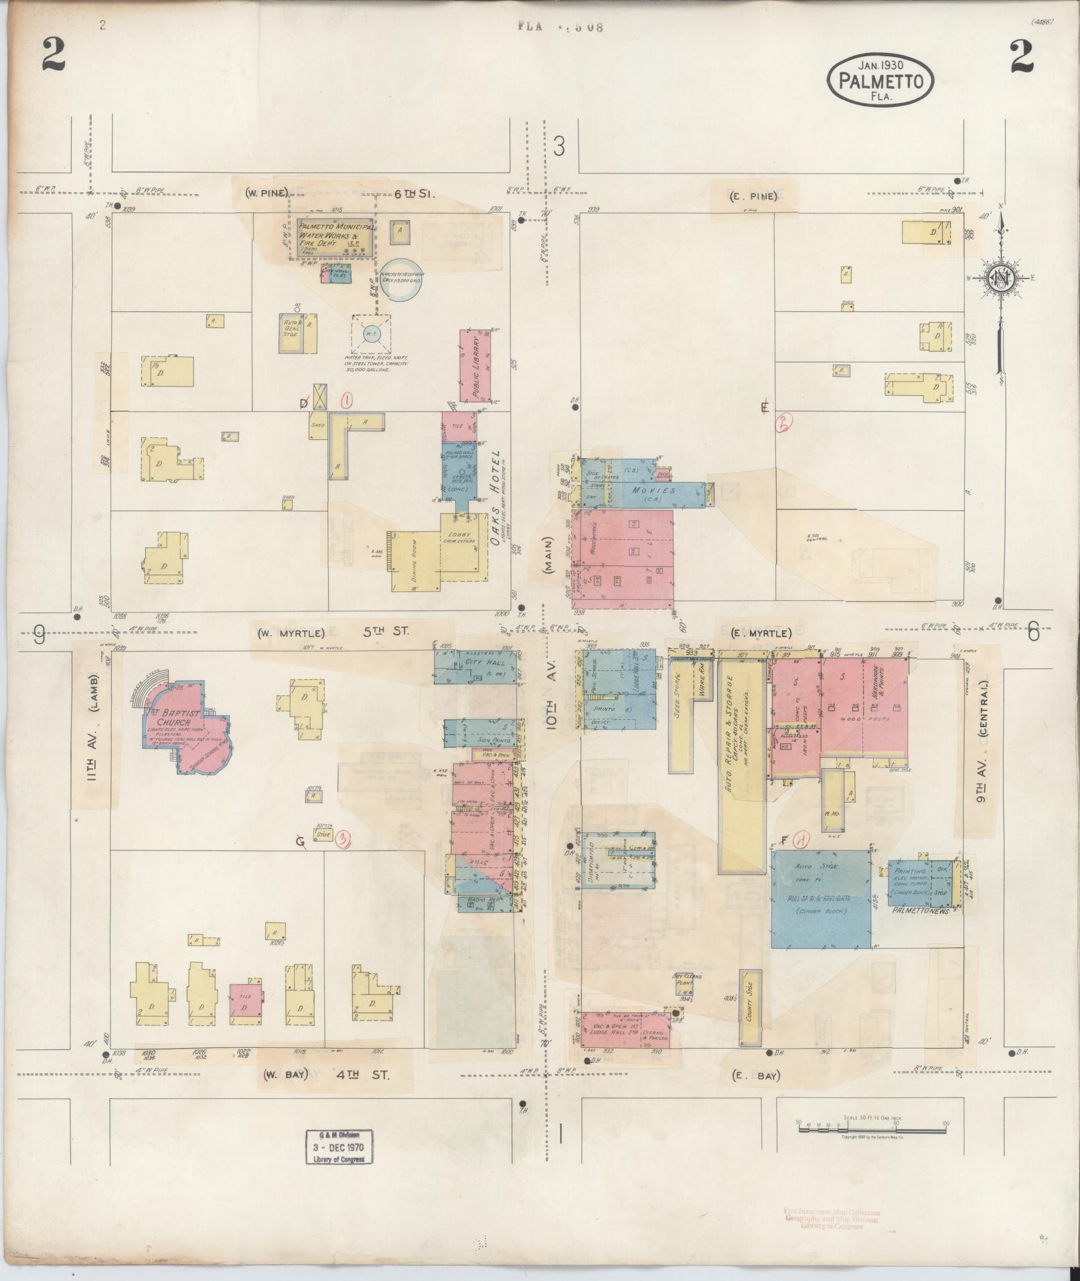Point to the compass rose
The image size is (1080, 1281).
[x=1000, y=278]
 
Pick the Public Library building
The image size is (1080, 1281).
[x=475, y=365]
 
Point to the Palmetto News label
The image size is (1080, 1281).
[x=921, y=911]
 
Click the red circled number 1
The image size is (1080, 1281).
[x=346, y=400]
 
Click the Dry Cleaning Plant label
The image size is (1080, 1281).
[x=687, y=980]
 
